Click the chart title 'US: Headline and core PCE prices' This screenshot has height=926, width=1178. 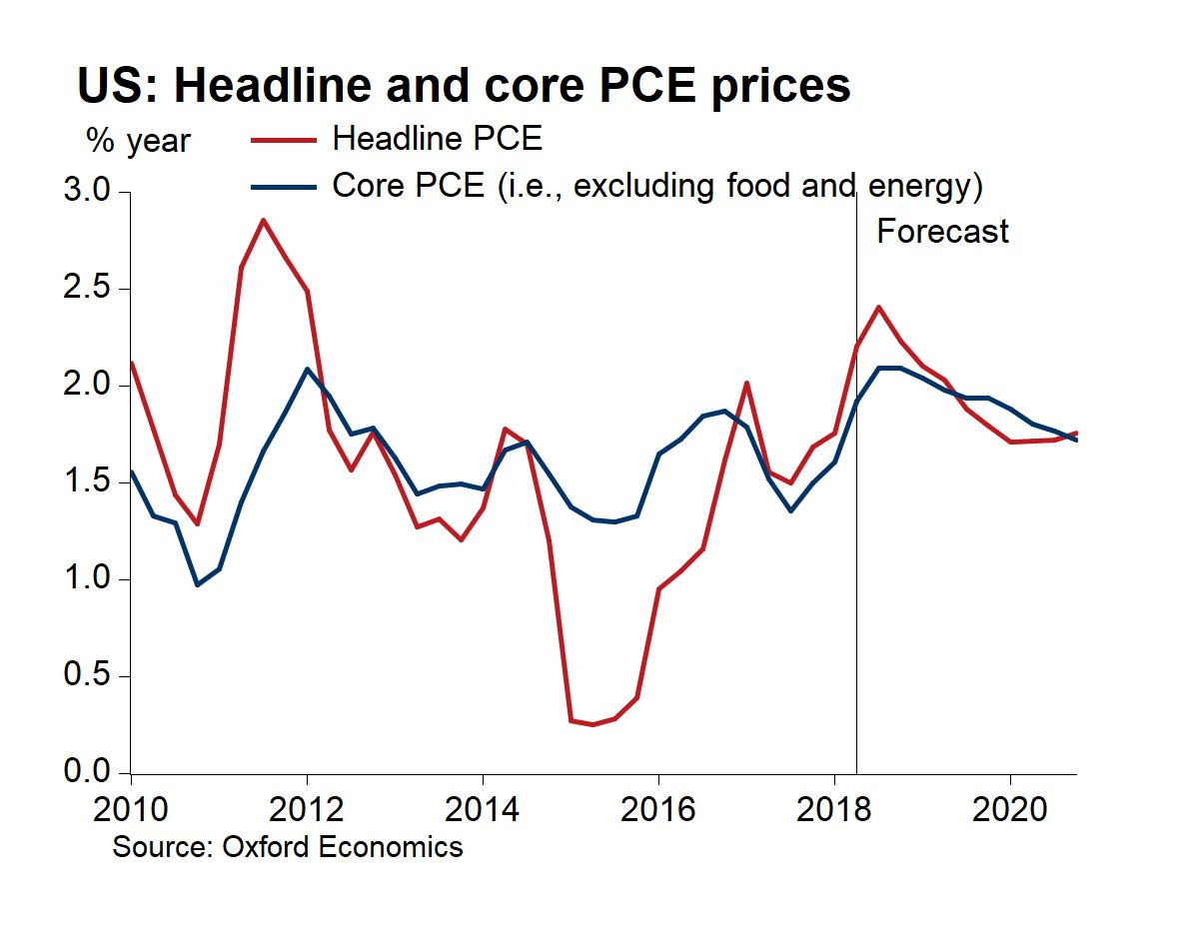point(464,85)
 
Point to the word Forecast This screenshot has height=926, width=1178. point(942,232)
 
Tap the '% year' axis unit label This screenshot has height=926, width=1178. point(138,141)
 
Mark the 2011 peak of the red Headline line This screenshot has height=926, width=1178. point(263,220)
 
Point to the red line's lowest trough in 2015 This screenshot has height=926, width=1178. point(592,724)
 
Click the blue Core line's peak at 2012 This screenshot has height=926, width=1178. point(307,369)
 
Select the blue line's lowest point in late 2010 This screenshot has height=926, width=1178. point(197,584)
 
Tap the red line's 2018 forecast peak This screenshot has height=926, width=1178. point(878,307)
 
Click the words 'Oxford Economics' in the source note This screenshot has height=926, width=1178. point(341,847)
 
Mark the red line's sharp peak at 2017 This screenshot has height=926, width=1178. point(746,383)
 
